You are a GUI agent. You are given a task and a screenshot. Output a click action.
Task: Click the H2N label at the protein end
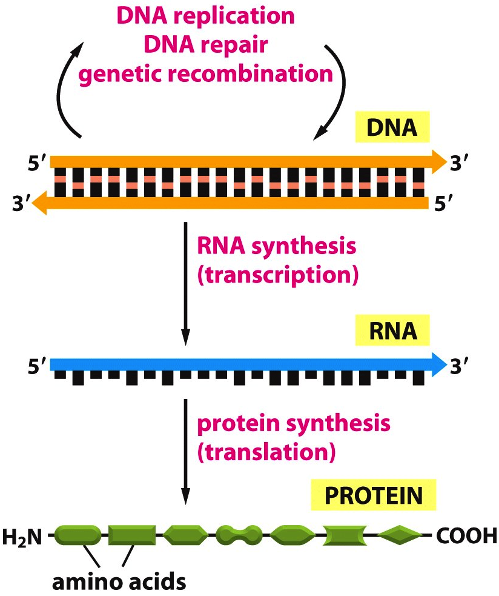[x=22, y=536]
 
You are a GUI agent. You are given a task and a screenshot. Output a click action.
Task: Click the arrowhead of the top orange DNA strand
[x=437, y=161]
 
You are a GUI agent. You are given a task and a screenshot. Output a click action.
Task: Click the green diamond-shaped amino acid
[x=399, y=535]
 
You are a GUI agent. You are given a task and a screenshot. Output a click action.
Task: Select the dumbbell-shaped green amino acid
[x=240, y=535]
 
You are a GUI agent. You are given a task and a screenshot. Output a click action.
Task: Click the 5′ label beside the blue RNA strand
[x=38, y=365]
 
